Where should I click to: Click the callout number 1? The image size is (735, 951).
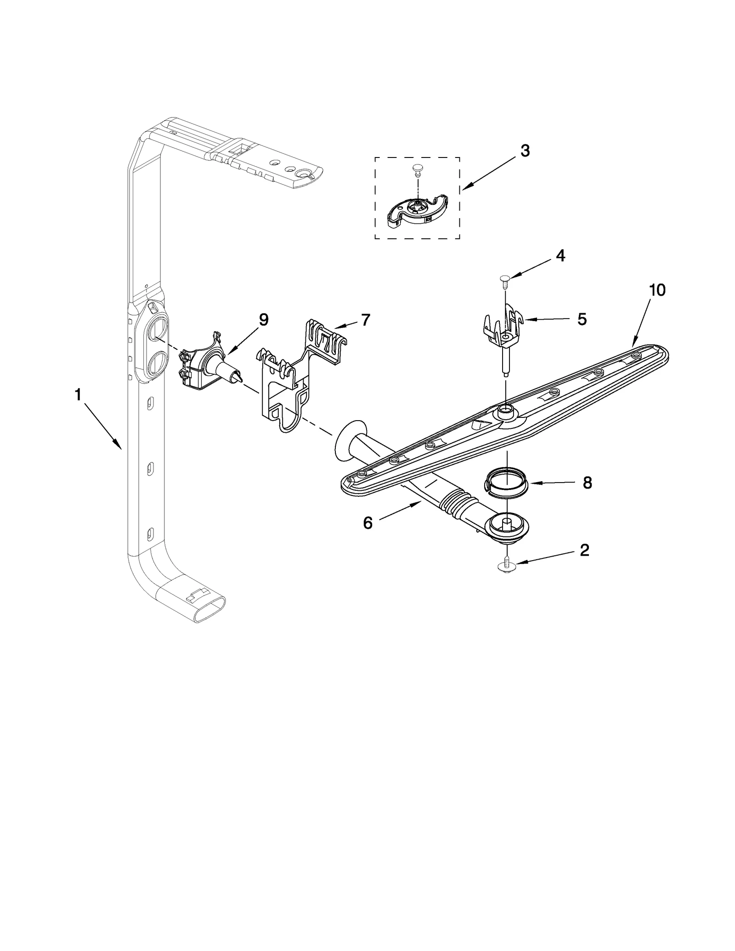coord(78,394)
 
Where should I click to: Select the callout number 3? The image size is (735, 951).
coord(525,151)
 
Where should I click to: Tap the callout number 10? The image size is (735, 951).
coord(657,290)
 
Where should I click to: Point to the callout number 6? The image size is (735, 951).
coord(367,523)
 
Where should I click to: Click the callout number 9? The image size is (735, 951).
coord(263,320)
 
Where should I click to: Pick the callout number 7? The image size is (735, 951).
coord(365,320)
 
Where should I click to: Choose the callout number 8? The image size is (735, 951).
coord(587,483)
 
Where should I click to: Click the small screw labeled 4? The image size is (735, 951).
coord(505,278)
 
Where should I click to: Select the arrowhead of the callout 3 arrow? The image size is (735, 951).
coord(464,188)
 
